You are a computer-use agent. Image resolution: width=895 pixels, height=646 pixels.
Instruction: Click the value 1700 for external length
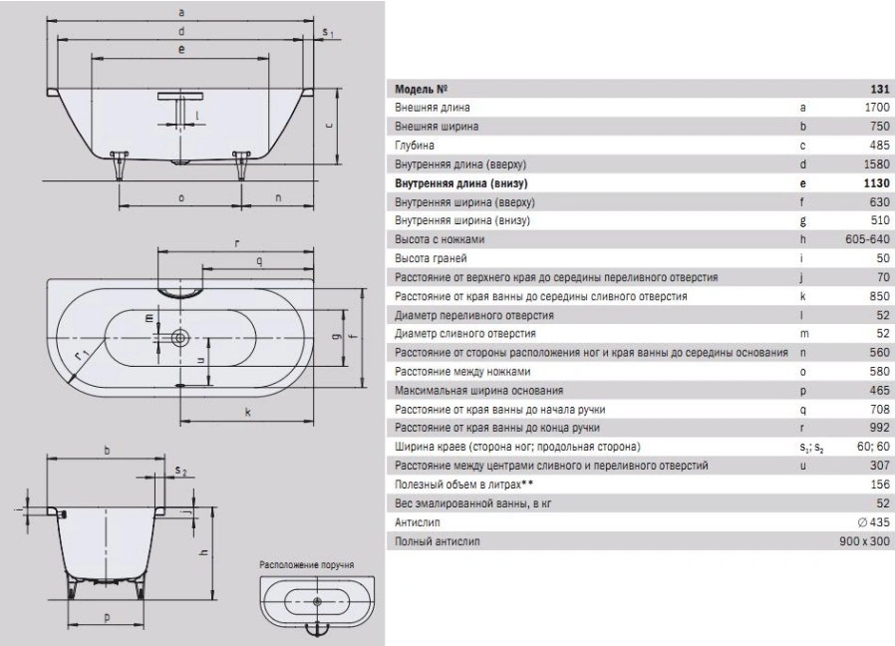tap(877, 108)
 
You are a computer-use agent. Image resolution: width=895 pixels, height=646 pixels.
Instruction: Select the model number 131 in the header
tap(880, 89)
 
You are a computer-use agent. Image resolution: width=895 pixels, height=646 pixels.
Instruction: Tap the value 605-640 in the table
tap(868, 239)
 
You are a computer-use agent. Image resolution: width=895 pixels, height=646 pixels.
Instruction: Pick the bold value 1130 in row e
tap(877, 183)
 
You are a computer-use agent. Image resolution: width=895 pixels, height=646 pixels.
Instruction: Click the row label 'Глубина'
tap(415, 146)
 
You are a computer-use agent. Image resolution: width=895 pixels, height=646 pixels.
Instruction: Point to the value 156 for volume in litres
tap(880, 484)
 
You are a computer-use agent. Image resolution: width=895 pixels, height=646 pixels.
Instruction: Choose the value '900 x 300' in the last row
tap(865, 541)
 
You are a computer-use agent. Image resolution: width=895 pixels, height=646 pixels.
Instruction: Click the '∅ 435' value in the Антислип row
tap(874, 522)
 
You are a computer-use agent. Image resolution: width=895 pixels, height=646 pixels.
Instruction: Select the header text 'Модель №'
tap(422, 89)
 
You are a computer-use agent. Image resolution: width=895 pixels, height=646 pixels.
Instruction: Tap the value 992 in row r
tap(880, 428)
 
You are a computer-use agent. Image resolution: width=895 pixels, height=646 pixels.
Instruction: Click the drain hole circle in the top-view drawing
tap(180, 338)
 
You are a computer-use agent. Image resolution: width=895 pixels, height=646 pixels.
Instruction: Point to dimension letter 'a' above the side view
tap(181, 13)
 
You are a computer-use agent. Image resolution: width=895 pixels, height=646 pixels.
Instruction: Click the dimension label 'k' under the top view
tap(248, 412)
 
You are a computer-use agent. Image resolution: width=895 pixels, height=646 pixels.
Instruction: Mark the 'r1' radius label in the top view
tap(82, 356)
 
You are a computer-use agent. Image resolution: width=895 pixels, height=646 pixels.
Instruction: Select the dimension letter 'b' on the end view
tap(107, 450)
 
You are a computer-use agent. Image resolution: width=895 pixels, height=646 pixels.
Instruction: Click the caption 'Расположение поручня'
tap(307, 565)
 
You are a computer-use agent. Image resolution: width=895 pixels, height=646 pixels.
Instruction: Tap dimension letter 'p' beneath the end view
tap(107, 617)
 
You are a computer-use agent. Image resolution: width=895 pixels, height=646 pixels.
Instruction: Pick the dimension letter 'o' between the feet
tap(181, 198)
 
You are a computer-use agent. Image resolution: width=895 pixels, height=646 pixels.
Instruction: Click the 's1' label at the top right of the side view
tap(328, 33)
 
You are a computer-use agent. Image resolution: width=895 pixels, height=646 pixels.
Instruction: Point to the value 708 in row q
tap(880, 409)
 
